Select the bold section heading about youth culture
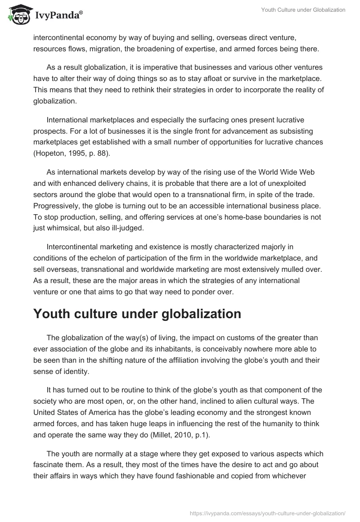[137, 314]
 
